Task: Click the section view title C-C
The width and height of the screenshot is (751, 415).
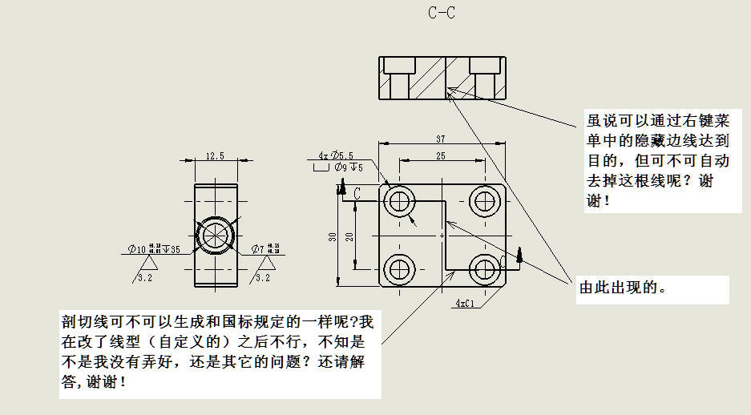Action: coord(442,13)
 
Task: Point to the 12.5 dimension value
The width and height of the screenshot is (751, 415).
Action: coord(214,155)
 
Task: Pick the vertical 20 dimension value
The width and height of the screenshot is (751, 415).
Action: coord(349,237)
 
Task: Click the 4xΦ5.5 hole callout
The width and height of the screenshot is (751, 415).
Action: coord(335,155)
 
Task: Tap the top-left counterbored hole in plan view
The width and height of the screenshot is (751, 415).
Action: coord(398,200)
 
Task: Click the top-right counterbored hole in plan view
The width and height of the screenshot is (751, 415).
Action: coord(485,200)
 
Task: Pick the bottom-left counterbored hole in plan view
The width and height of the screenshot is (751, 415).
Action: coord(398,269)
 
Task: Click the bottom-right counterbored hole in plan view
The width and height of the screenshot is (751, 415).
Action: coord(485,269)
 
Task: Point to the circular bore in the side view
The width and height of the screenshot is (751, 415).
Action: coord(215,236)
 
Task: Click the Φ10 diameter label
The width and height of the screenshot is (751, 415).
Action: coord(138,249)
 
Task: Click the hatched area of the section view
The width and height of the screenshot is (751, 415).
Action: coord(430,78)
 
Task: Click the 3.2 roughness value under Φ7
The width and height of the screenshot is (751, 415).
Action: coord(262,277)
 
